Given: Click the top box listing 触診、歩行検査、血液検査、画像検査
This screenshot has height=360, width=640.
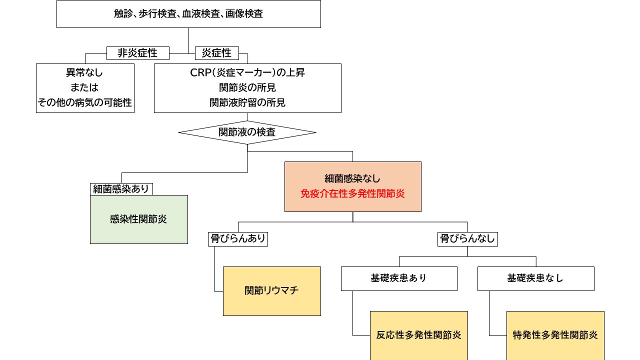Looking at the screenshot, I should (188, 14).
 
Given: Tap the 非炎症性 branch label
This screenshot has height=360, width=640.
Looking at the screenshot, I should (138, 52).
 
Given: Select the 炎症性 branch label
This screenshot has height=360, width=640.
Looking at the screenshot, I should (216, 52).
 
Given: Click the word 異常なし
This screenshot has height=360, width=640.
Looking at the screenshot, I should (85, 72).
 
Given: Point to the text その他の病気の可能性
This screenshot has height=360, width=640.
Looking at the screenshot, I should (85, 102).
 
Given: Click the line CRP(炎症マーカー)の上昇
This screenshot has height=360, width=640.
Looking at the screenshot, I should (247, 72).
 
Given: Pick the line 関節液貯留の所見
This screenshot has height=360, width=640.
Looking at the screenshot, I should (247, 102).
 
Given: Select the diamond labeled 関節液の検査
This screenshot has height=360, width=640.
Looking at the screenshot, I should (247, 132).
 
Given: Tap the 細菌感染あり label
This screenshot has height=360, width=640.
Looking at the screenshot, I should (121, 189).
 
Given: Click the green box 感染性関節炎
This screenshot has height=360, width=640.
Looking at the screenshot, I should (138, 219).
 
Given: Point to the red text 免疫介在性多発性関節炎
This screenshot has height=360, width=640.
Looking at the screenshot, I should (352, 194).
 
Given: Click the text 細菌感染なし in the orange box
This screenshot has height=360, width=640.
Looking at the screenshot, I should (352, 178).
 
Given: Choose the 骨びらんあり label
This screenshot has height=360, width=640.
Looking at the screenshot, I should (237, 239).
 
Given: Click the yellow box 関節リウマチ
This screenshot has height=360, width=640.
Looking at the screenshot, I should (271, 290).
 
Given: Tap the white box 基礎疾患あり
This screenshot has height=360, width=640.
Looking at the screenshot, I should (398, 278).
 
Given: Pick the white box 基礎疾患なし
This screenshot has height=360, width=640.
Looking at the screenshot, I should (535, 278).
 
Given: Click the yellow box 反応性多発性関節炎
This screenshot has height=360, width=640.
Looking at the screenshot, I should (418, 335).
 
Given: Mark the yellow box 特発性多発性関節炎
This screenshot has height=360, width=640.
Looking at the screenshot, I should (555, 335).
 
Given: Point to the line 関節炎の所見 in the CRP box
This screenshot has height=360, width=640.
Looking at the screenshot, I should (247, 87).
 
